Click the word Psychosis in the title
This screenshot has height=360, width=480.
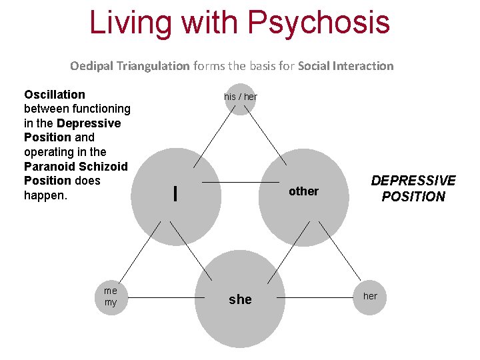click(318, 21)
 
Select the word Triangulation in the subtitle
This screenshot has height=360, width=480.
click(153, 66)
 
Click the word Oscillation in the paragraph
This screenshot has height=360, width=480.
click(55, 95)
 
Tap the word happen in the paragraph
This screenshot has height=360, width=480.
click(44, 195)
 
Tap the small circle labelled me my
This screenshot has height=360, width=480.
click(111, 297)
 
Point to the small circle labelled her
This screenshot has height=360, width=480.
click(370, 296)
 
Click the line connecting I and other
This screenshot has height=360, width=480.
click(240, 182)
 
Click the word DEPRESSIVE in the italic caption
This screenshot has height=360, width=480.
click(413, 181)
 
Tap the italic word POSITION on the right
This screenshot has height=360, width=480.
click(413, 197)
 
